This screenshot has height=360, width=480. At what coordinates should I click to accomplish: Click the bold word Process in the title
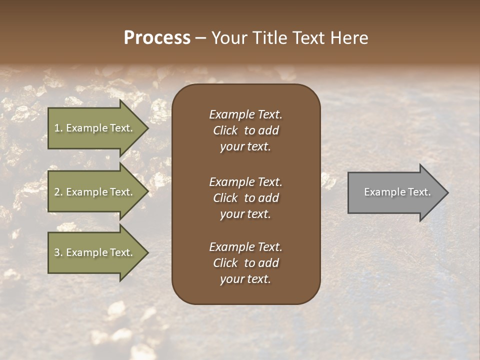coord(157,38)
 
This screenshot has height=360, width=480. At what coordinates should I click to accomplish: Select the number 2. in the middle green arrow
coord(58,192)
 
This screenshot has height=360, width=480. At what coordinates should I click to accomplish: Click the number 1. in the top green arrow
coord(58,128)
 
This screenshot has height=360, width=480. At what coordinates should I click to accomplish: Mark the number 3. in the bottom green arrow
coord(58,252)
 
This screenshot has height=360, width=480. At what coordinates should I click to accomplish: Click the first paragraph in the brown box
coord(245,130)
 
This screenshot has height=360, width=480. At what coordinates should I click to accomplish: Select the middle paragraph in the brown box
coord(245,198)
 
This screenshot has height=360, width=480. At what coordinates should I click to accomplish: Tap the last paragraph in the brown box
coord(245,263)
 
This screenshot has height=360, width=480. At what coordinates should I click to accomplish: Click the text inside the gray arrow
coord(397,192)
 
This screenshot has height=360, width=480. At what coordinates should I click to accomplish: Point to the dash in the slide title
coord(200,38)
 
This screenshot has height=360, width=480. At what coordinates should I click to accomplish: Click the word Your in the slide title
coord(229,38)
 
